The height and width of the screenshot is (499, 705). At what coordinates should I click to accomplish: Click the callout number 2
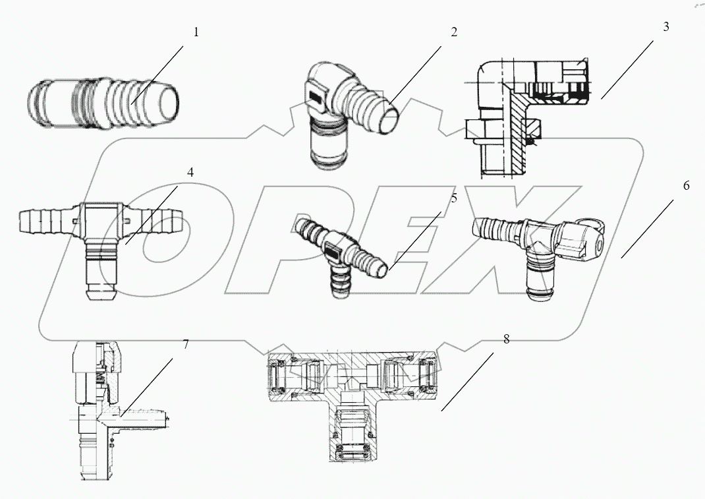pos(454,32)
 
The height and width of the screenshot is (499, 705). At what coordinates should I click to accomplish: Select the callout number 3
pos(666,27)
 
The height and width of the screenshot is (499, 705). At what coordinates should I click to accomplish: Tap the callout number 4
pos(190,173)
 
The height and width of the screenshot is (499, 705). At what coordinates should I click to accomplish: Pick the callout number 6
pos(686,186)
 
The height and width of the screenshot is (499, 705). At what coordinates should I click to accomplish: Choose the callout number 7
pos(186,343)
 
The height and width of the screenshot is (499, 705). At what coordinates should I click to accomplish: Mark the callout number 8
pos(506,339)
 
